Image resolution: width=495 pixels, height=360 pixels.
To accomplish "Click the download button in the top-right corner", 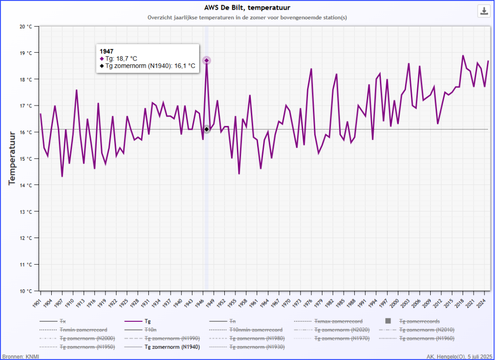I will click(x=483, y=11).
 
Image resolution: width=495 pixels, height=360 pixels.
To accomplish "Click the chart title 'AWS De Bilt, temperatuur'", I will click(x=247, y=7).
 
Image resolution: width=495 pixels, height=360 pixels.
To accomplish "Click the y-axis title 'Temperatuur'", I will click(x=13, y=158).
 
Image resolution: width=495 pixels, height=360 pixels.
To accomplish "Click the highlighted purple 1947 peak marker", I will click(x=206, y=60).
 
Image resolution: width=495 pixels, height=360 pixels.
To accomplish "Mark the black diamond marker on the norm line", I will click(x=206, y=129).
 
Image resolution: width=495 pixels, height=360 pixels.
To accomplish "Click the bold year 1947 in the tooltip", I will click(x=106, y=51).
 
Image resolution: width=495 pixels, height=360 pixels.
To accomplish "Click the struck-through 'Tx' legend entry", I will click(x=63, y=321).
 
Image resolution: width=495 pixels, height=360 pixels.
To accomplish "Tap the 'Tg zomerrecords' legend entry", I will click(x=419, y=321).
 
